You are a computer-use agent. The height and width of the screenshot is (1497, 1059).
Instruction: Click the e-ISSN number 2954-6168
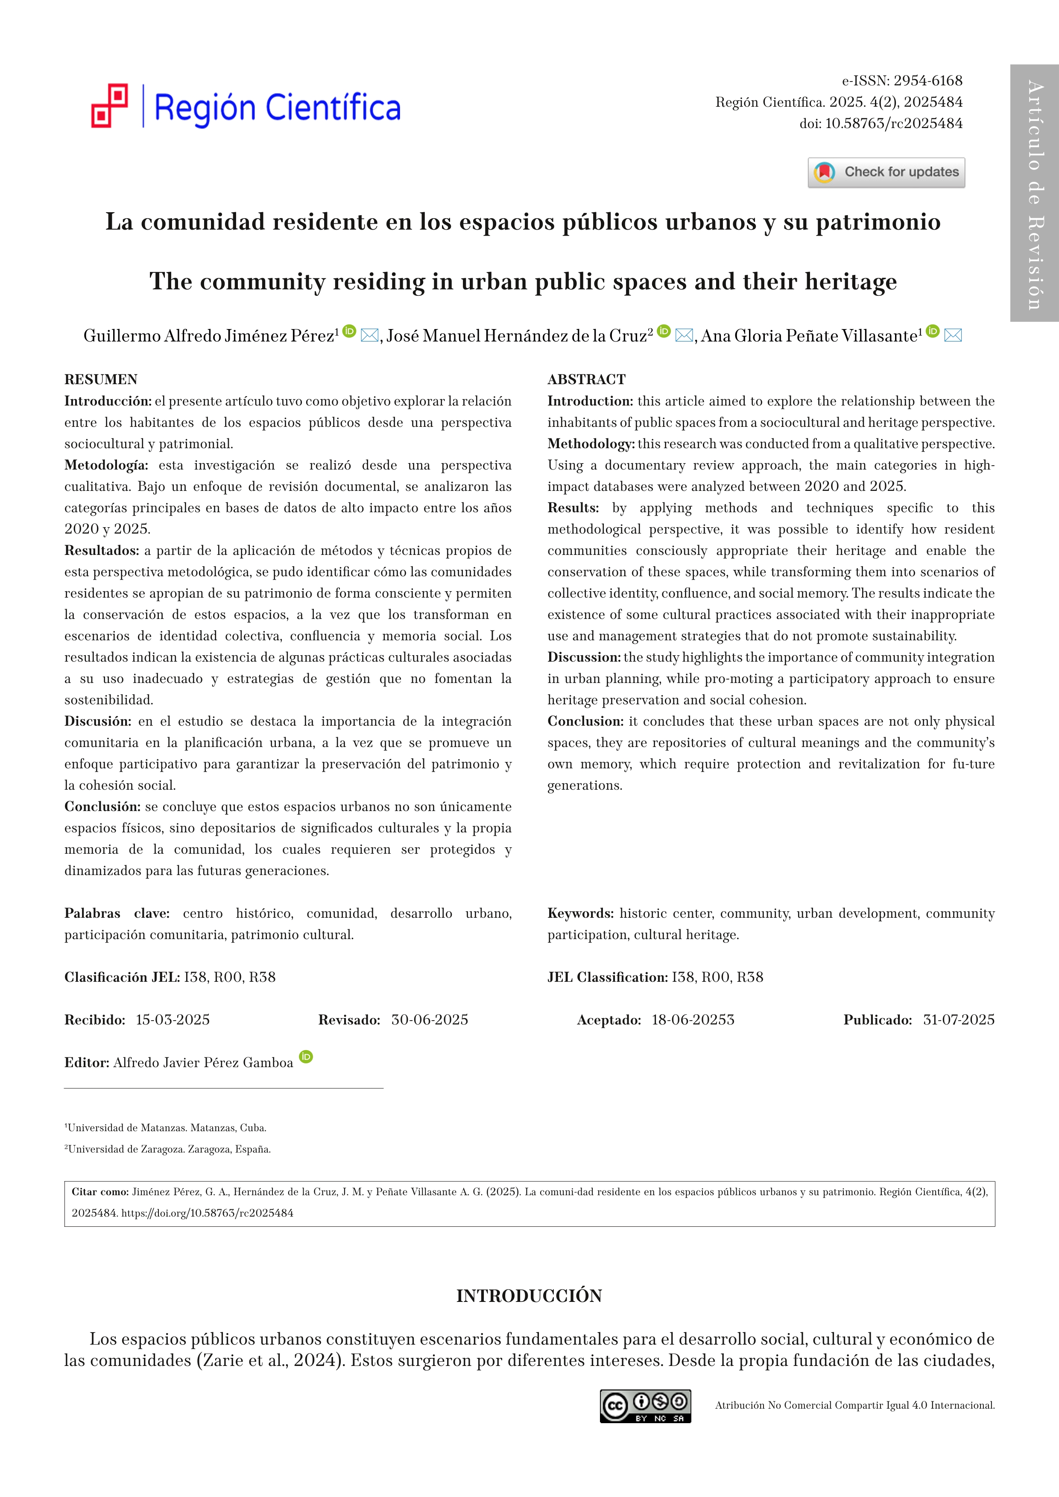coord(927,81)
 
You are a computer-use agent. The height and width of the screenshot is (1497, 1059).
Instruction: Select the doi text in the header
coord(881,123)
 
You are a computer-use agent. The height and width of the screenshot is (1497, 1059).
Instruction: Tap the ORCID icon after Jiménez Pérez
coord(350,331)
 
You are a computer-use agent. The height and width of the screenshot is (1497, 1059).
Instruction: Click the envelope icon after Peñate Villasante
coord(953,335)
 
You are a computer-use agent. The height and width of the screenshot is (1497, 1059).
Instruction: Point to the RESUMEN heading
coord(101,379)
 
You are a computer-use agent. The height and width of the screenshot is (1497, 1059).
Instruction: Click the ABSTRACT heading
coord(586,379)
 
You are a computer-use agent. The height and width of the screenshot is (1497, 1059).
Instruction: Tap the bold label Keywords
coord(580,913)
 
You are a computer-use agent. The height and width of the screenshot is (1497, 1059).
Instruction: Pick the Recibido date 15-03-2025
coord(173,1020)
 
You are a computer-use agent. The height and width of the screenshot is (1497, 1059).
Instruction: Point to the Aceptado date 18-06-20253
coord(693,1020)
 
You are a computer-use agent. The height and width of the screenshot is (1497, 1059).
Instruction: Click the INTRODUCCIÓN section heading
coord(529,1296)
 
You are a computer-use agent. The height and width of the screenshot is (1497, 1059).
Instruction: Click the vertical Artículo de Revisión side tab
coord(1034,193)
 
